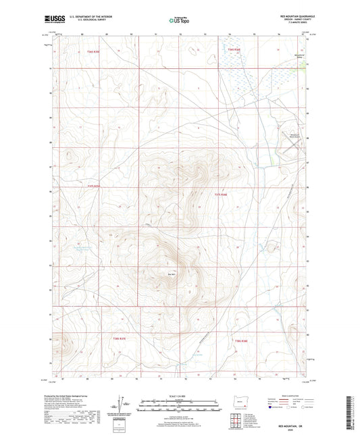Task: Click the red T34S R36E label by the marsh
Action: click(x=234, y=49)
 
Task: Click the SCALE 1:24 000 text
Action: click(x=178, y=396)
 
